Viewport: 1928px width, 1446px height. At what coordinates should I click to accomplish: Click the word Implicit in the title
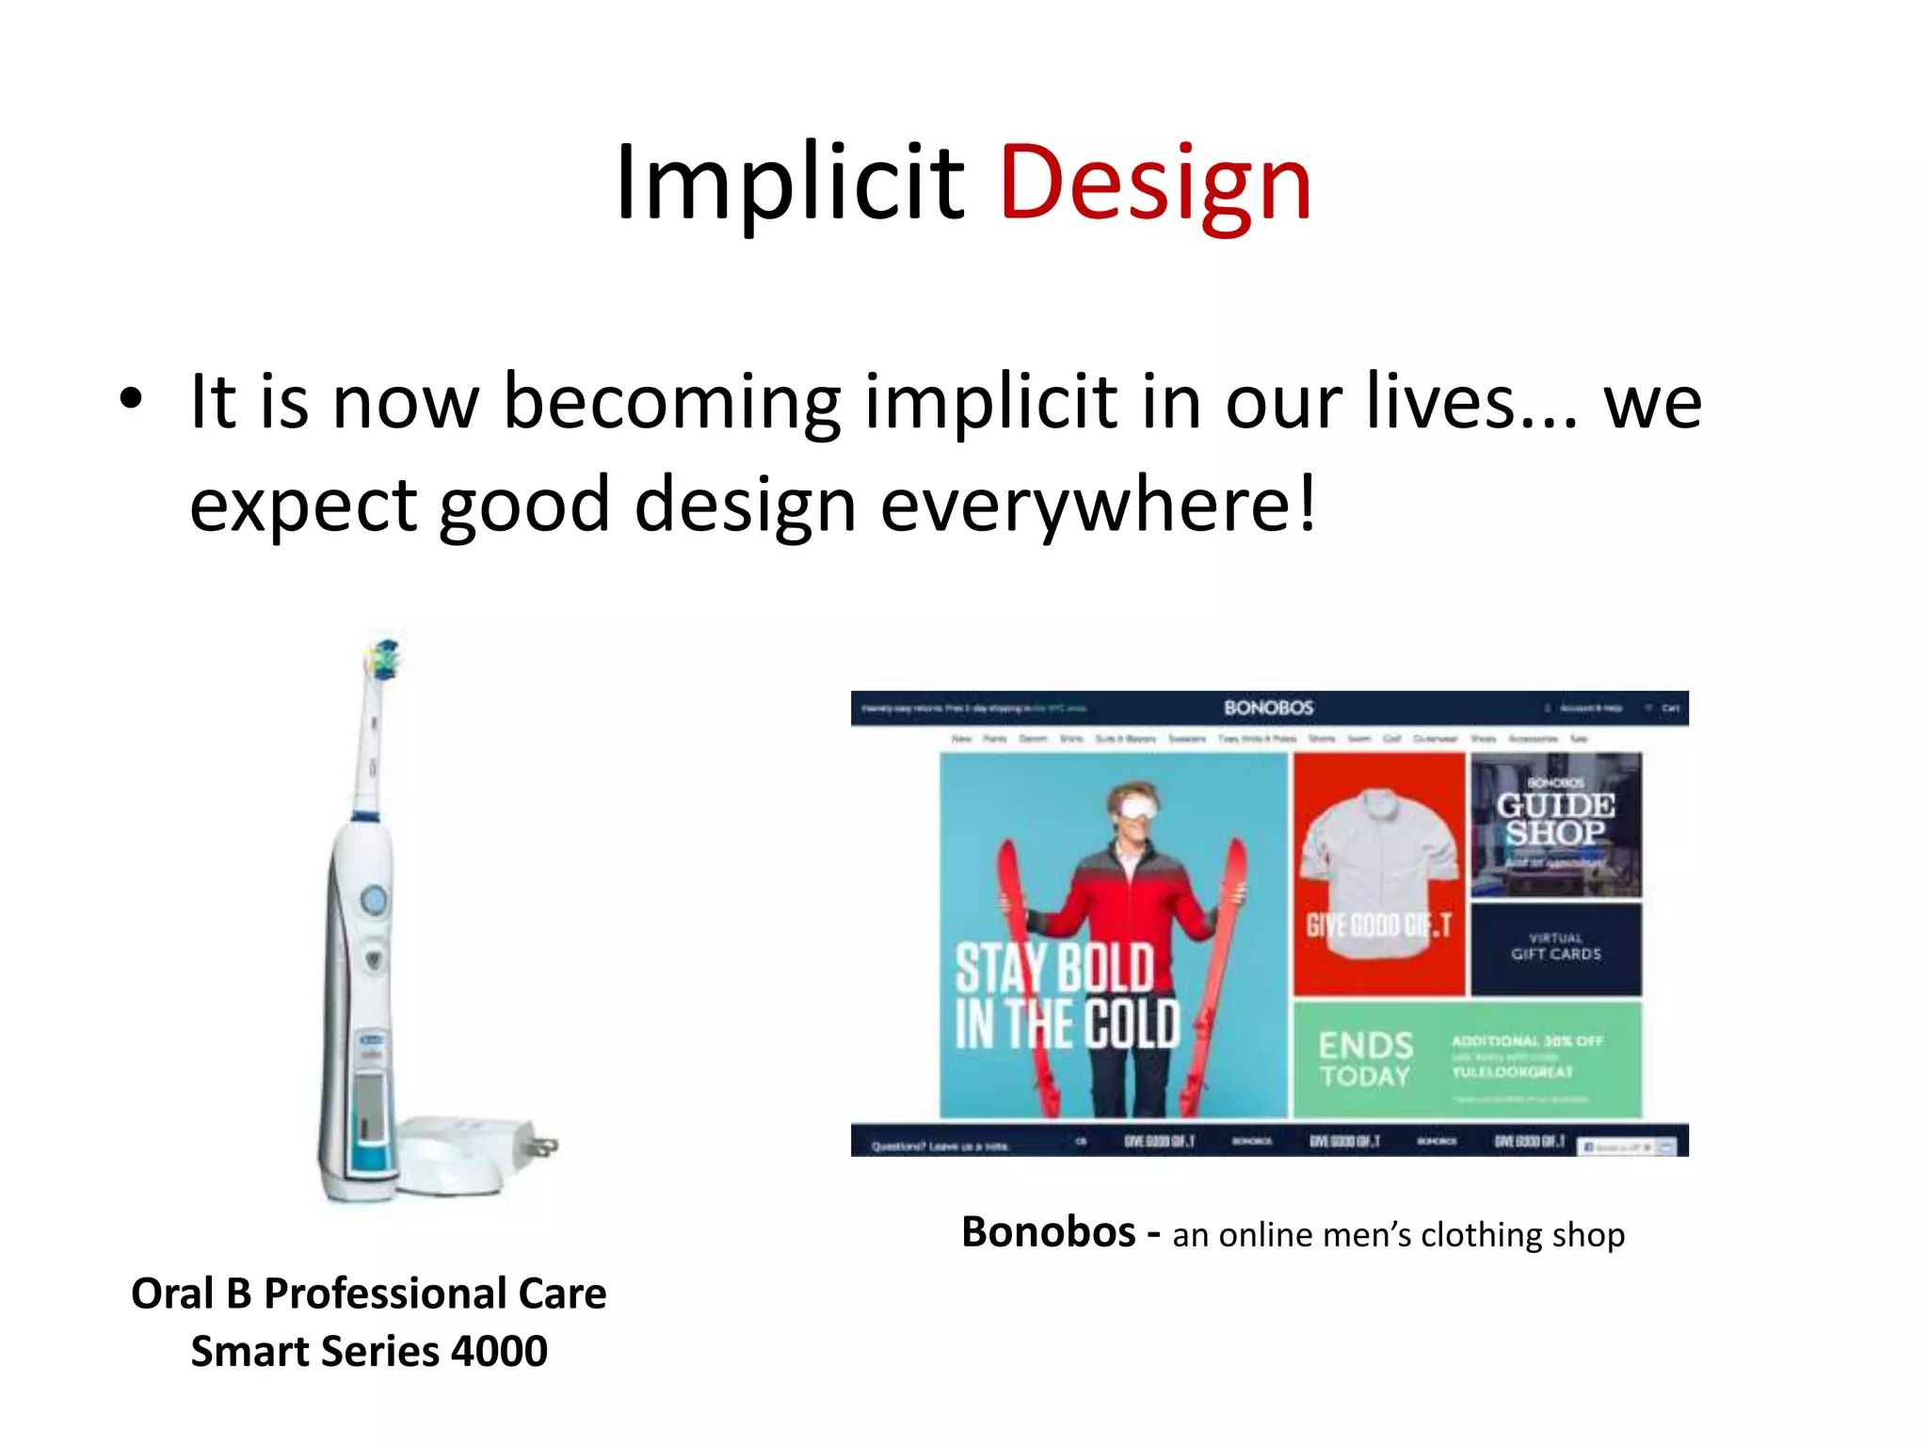tap(789, 184)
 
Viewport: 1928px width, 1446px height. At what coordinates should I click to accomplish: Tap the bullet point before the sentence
tap(132, 399)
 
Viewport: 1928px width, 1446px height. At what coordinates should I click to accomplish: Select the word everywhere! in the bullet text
tap(1098, 506)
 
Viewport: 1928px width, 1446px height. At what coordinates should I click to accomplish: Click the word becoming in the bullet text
tap(672, 403)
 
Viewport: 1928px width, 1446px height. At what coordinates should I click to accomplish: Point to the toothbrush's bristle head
tap(383, 659)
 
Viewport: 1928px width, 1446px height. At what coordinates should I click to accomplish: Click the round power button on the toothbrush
tap(373, 900)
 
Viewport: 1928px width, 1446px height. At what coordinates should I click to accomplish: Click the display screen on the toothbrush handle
tap(370, 1101)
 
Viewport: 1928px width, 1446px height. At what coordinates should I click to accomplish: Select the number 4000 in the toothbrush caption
tap(499, 1352)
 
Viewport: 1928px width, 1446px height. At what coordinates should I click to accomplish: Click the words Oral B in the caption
tap(190, 1293)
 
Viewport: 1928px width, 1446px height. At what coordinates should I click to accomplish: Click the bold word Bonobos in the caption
tap(1048, 1232)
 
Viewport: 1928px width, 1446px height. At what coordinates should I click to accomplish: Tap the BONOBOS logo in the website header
tap(1268, 708)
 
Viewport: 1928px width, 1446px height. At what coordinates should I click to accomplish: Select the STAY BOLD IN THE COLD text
tap(1067, 996)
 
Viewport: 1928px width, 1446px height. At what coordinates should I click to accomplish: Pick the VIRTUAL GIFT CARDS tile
tap(1555, 947)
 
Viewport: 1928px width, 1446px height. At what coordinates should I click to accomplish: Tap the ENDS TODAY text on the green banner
tap(1365, 1059)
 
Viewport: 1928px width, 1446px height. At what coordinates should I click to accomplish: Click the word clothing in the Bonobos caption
tap(1482, 1234)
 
